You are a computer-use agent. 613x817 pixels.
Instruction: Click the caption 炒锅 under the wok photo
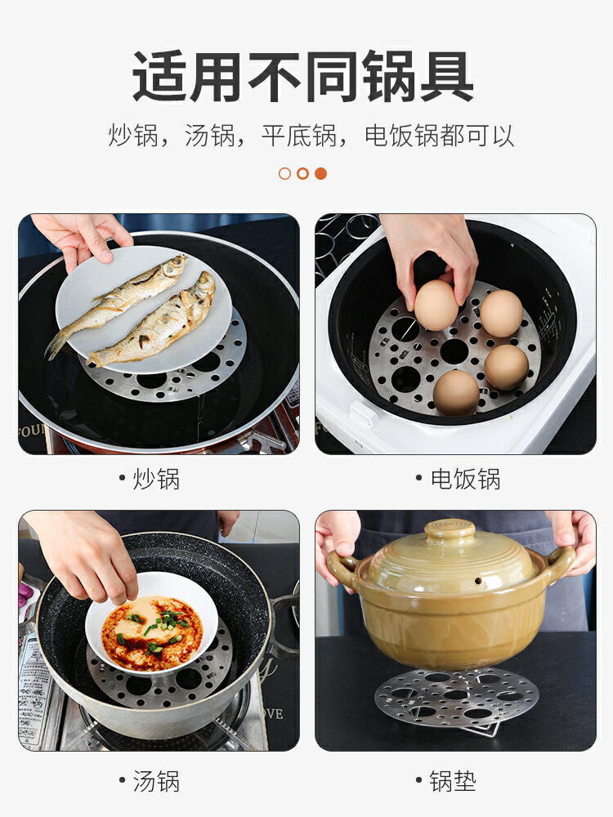[x=156, y=479]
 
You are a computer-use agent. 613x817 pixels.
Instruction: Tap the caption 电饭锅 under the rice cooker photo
[x=465, y=479]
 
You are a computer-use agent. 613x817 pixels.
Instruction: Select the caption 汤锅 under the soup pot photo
[x=156, y=781]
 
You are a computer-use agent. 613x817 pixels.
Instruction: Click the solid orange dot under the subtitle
[x=320, y=173]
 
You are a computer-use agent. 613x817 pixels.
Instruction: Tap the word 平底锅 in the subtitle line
[x=298, y=136]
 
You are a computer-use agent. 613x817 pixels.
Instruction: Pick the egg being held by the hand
[x=436, y=305]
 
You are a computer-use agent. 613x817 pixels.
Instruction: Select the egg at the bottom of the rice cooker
[x=456, y=393]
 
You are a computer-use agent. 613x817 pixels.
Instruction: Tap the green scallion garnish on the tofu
[x=163, y=621]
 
